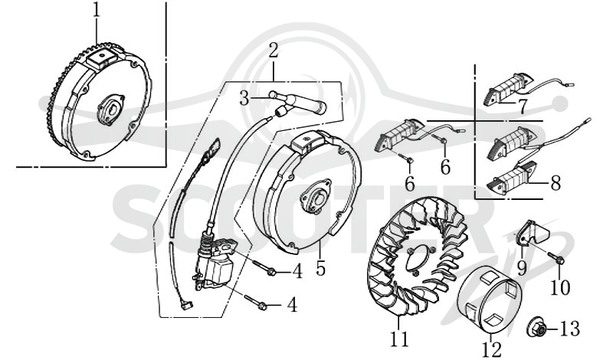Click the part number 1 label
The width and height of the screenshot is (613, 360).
click(97, 11)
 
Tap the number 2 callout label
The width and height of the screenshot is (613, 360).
click(274, 51)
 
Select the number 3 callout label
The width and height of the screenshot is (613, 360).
click(244, 98)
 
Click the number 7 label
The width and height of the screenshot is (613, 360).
click(523, 106)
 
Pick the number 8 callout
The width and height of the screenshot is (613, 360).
click(556, 182)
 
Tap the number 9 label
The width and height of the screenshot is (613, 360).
click(522, 267)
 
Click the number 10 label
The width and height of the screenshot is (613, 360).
click(560, 288)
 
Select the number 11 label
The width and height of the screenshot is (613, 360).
click(399, 339)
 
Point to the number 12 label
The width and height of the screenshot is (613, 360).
click(491, 349)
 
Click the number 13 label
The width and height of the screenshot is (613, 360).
click(569, 329)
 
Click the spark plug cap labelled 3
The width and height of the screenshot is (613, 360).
click(298, 103)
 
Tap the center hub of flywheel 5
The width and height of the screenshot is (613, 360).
click(316, 196)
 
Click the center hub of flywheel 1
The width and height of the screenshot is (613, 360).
click(112, 110)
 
